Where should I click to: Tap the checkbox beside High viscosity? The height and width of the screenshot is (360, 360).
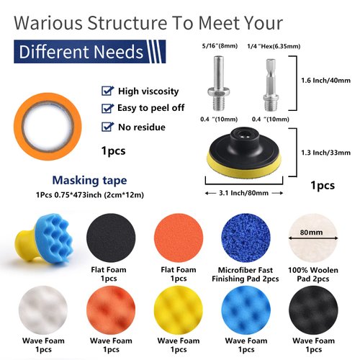click(107, 91)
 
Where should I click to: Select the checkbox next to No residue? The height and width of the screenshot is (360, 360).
click(107, 127)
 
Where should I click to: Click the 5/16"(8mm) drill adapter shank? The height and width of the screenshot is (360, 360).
click(219, 83)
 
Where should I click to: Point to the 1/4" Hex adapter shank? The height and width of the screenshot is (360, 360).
click(271, 85)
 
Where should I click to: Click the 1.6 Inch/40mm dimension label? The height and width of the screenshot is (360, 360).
click(325, 81)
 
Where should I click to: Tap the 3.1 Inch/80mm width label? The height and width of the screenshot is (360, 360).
click(243, 193)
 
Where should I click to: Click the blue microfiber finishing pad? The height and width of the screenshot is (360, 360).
click(246, 238)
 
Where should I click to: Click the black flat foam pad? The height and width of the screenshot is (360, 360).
click(111, 238)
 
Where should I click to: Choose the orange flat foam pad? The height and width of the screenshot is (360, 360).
click(179, 238)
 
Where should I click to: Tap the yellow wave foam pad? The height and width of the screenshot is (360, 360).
click(179, 310)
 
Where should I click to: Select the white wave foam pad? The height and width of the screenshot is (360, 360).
click(43, 310)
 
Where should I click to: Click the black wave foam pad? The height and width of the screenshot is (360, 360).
click(313, 310)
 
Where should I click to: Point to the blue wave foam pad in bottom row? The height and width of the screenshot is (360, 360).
click(246, 310)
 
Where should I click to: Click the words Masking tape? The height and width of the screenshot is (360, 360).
click(89, 181)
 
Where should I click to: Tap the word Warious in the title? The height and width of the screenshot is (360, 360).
click(48, 23)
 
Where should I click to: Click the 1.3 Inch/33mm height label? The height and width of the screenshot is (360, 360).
click(325, 153)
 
